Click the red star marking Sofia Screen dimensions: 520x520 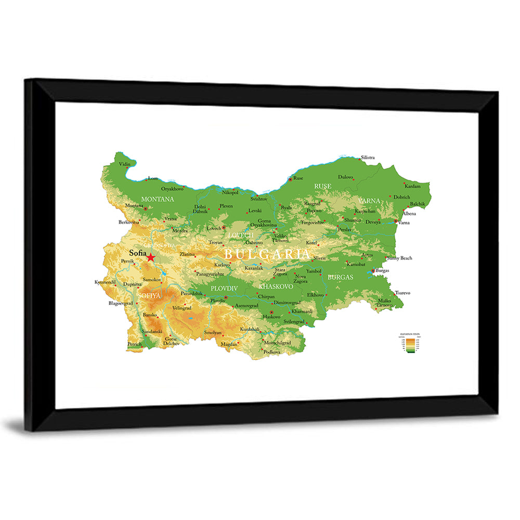coord(151,257)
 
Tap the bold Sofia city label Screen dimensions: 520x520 coord(137,253)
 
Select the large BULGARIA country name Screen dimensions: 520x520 coord(267,254)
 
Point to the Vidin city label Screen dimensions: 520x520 coord(125,164)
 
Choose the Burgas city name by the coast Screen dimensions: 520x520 coord(382,271)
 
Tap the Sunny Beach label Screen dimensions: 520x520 coord(399,258)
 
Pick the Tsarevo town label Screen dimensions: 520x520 coord(402,293)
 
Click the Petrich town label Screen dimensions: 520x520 coord(134,344)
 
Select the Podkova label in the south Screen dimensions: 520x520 coord(271,352)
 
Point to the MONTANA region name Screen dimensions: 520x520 coord(158,199)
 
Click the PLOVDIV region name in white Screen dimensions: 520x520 coord(224,288)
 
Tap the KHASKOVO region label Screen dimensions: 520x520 coord(276,287)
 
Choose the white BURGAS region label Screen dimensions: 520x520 coord(341,277)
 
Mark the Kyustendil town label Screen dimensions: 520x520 coord(106,282)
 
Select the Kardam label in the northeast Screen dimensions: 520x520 coord(413,186)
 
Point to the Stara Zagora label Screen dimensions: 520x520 coord(280,271)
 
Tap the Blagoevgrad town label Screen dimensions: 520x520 coord(121,303)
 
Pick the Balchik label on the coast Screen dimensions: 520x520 coord(418,204)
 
